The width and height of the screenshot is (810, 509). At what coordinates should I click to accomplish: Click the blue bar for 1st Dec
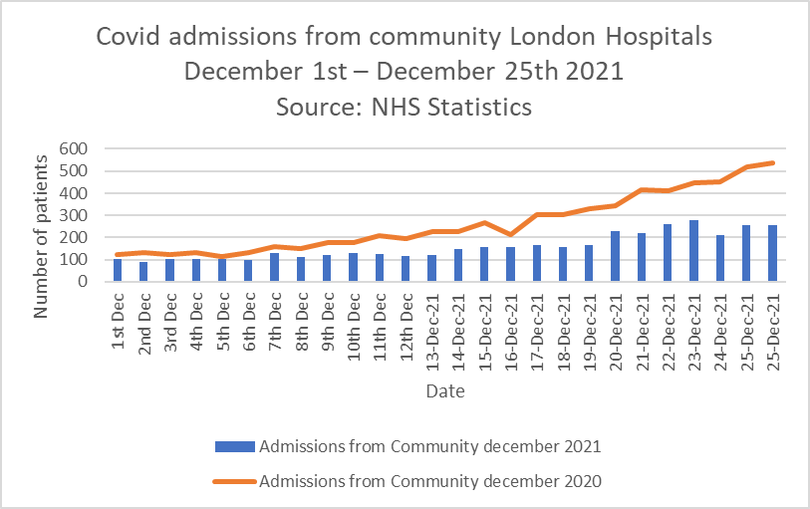[x=117, y=270]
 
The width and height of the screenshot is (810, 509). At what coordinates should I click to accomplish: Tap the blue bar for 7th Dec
[x=274, y=268]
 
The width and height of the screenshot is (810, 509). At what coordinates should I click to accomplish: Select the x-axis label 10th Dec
[x=354, y=320]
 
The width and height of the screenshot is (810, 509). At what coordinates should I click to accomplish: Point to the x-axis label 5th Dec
[x=222, y=317]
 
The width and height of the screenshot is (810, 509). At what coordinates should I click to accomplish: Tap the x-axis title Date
[x=444, y=392]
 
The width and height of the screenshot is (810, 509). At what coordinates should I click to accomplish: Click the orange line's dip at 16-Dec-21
[x=510, y=235]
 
